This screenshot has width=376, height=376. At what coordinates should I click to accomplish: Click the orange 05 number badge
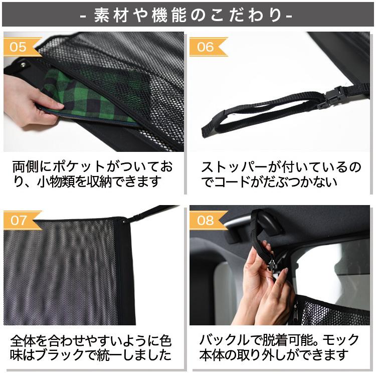click(x=19, y=47)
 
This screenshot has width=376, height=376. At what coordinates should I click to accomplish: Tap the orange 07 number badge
click(x=19, y=220)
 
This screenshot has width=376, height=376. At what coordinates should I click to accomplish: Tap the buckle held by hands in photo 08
click(x=274, y=261)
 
